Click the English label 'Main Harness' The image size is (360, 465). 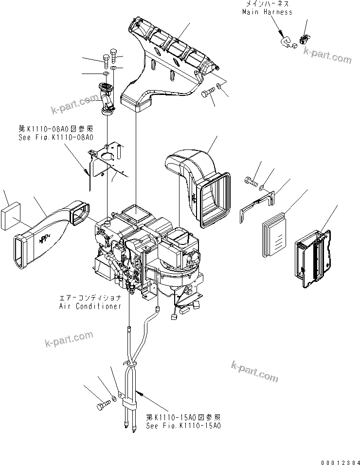click(x=267, y=12)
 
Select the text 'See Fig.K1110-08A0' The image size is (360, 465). click(x=55, y=137)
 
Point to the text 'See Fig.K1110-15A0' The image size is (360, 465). click(x=183, y=425)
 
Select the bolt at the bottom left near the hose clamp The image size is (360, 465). click(x=103, y=406)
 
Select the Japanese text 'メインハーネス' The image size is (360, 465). click(x=267, y=3)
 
